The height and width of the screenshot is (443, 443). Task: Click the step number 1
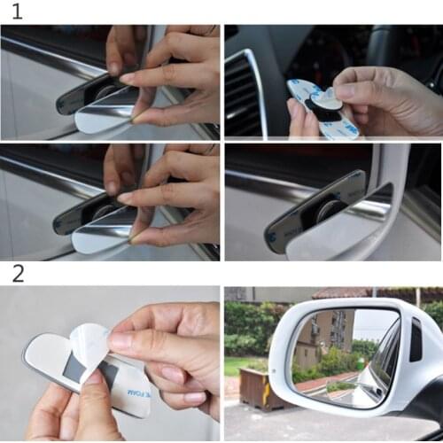click(16, 12)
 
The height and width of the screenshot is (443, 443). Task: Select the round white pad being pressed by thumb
click(325, 100)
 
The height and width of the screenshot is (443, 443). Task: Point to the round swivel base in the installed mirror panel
click(330, 211)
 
